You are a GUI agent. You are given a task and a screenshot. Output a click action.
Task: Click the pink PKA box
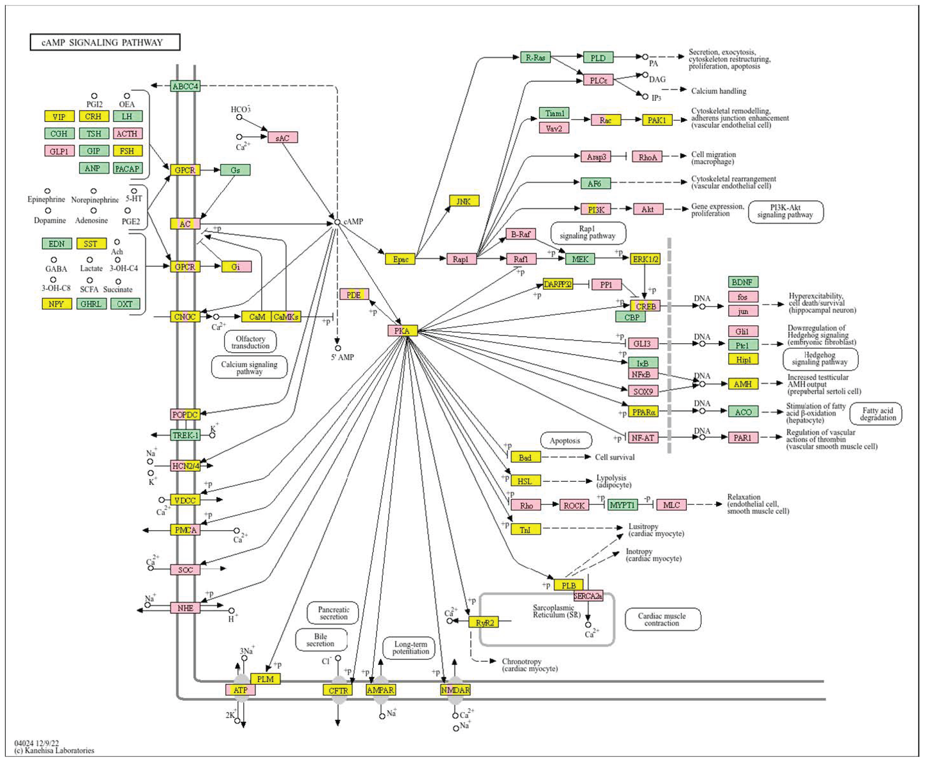[402, 331]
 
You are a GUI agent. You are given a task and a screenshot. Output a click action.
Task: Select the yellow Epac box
[400, 259]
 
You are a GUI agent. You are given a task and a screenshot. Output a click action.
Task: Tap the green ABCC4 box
[185, 86]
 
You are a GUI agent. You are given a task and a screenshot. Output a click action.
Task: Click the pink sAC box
[283, 137]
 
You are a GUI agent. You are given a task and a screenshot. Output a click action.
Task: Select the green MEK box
[580, 259]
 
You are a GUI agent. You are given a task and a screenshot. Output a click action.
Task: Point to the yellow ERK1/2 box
[645, 259]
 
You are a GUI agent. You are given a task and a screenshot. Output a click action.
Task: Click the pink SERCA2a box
[588, 596]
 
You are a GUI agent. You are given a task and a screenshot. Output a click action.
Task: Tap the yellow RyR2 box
[484, 622]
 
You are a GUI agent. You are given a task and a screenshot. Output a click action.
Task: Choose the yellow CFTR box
[338, 690]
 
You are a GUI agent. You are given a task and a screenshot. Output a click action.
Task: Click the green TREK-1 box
[185, 435]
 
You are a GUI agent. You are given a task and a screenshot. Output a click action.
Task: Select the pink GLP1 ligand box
[59, 151]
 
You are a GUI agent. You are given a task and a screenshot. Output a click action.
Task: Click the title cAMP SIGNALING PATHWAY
[105, 43]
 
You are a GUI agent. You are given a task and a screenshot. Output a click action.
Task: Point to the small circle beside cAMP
[337, 222]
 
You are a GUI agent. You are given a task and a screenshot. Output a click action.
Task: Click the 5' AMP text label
[342, 357]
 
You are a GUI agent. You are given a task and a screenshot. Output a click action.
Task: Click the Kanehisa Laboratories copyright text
[54, 750]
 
